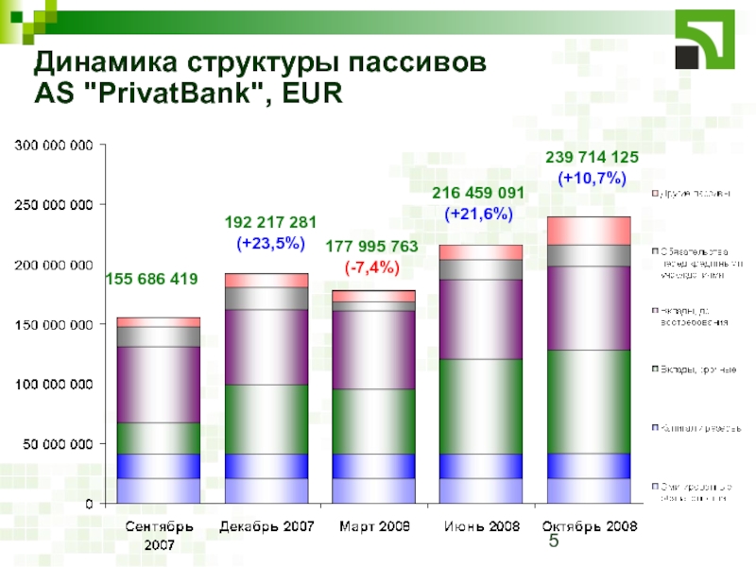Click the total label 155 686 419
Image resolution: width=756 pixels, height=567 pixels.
click(x=151, y=279)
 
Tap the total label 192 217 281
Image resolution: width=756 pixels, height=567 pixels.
click(x=270, y=224)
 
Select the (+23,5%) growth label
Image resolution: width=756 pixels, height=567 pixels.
click(x=270, y=244)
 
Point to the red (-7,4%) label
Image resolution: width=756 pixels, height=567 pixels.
click(x=371, y=267)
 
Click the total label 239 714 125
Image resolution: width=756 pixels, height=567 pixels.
click(x=593, y=157)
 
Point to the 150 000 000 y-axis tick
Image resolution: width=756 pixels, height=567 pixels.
click(x=53, y=324)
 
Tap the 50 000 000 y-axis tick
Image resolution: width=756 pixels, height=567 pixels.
click(x=57, y=443)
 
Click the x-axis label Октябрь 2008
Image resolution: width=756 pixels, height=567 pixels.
click(x=589, y=525)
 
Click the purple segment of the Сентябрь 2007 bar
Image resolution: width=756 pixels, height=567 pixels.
click(x=159, y=384)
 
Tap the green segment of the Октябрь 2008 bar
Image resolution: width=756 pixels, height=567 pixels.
click(x=589, y=402)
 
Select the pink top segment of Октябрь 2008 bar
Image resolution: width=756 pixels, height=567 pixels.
click(x=589, y=231)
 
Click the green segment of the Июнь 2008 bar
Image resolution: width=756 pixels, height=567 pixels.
click(x=481, y=406)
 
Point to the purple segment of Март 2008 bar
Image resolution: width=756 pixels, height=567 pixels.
click(x=373, y=350)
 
